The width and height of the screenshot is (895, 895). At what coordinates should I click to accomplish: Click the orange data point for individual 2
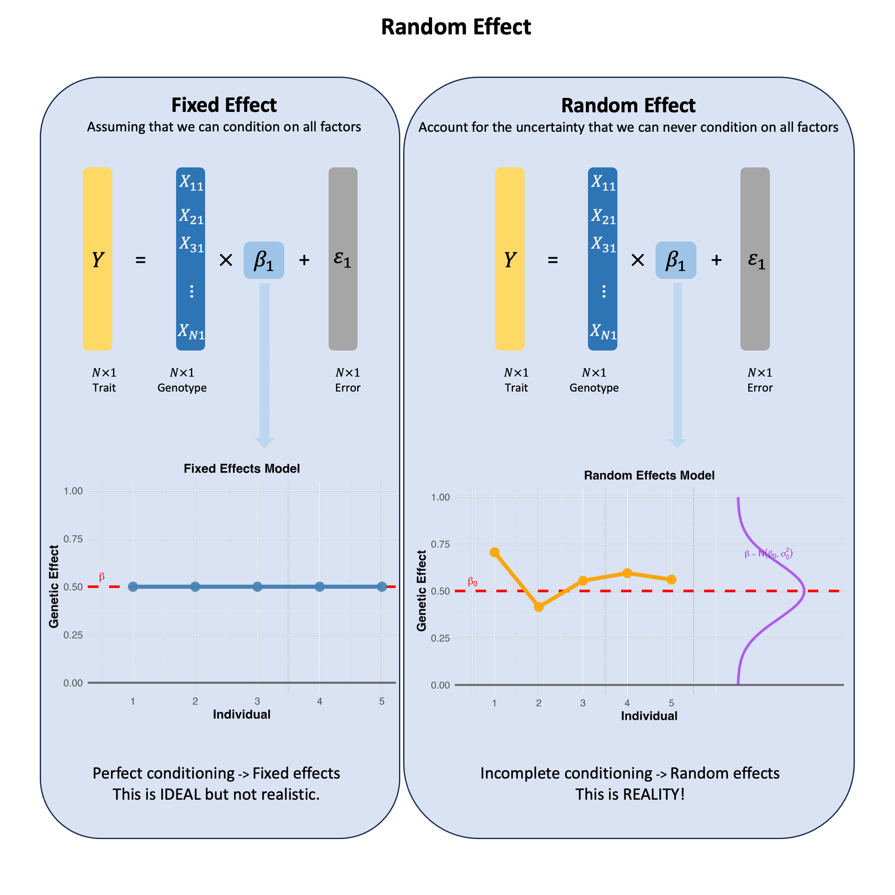[539, 607]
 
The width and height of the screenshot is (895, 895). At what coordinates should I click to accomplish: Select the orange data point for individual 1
[495, 552]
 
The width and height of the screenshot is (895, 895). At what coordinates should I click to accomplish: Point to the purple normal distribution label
[769, 554]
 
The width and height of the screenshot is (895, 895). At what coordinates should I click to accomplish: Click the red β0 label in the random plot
[472, 582]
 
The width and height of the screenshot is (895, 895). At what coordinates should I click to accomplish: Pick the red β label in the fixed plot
[102, 577]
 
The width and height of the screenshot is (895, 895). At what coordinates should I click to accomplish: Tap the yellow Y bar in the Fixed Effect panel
[97, 259]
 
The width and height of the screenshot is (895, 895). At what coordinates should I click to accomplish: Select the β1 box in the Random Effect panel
[676, 260]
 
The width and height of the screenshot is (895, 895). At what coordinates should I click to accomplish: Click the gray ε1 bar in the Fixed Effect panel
[343, 259]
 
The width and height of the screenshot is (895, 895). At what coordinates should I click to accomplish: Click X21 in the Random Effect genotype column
[603, 216]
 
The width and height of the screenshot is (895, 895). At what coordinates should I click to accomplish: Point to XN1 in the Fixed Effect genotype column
[191, 331]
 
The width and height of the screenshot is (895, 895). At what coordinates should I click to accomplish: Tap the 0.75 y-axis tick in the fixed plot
[73, 539]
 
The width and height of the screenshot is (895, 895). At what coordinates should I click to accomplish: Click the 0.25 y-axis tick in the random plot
[440, 638]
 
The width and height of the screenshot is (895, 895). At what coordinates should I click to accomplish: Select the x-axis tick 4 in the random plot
[627, 703]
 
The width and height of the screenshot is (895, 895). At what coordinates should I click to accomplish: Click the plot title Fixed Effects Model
[242, 468]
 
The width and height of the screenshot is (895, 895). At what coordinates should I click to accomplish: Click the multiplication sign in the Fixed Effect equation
[225, 260]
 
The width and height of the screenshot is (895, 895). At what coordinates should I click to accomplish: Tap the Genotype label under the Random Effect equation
[594, 388]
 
